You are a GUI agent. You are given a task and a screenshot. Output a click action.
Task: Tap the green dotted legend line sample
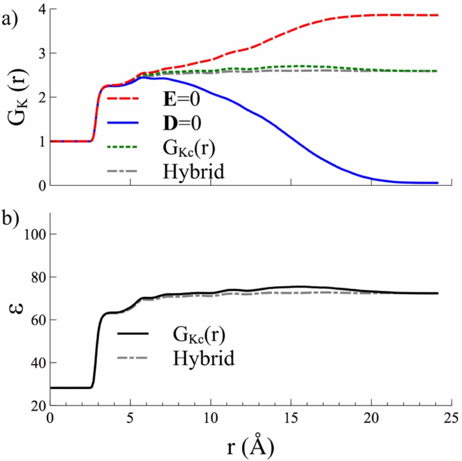click(122, 147)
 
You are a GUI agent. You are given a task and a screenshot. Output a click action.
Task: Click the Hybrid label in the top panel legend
click(194, 171)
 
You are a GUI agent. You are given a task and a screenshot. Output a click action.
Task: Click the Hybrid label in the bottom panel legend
click(204, 358)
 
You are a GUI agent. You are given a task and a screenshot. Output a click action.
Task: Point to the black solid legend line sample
click(133, 334)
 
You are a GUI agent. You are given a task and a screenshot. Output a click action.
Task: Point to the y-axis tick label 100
click(34, 235)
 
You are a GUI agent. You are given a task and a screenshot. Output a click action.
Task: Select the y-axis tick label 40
click(37, 363)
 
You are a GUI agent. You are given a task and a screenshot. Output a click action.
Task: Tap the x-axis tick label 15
click(291, 419)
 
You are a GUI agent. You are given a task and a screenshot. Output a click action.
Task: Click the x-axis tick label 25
click(451, 419)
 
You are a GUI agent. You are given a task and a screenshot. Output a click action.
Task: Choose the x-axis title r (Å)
click(250, 447)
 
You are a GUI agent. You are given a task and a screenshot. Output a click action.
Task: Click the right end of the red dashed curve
click(438, 15)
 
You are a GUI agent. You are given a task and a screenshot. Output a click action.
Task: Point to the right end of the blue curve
click(438, 183)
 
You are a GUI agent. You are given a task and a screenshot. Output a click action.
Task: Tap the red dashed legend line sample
click(123, 99)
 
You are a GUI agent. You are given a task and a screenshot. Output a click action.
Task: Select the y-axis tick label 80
click(37, 277)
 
